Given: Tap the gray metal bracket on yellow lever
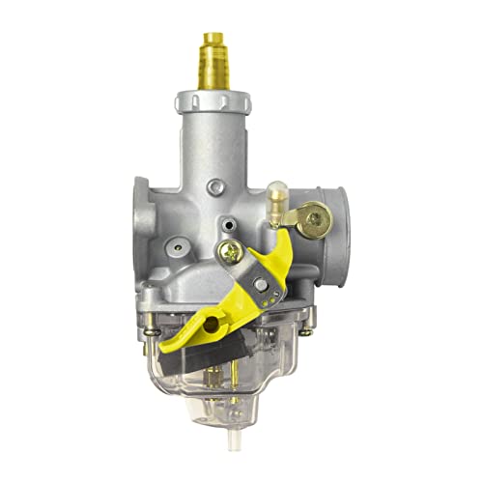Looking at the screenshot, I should pos(256,290).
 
